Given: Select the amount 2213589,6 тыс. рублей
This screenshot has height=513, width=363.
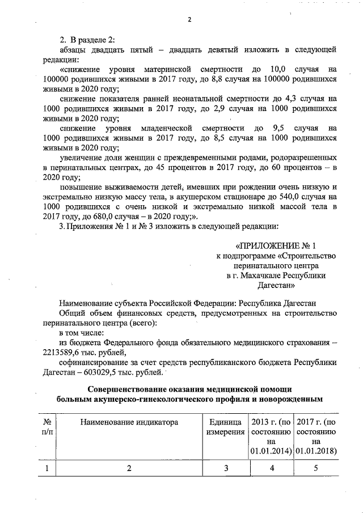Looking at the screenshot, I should tap(71, 353).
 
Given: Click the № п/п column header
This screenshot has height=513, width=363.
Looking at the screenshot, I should tap(48, 427).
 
